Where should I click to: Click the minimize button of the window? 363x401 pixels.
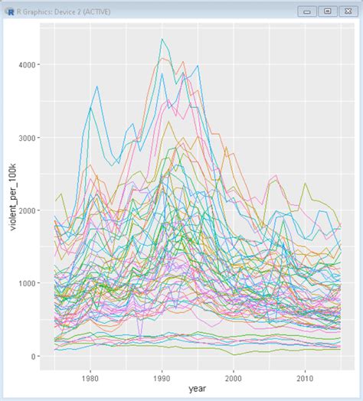coord(309,11)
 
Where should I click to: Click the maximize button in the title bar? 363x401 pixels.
coord(328,11)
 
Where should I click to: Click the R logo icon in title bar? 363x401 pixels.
coord(8,11)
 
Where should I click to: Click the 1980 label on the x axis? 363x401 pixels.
coord(90,377)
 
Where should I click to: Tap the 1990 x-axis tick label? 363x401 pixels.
coord(162,377)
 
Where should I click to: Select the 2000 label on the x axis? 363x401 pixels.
coord(234,377)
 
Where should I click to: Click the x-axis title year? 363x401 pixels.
coord(198,390)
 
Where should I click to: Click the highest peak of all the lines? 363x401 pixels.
coord(162,39)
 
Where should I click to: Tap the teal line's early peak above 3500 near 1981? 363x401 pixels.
coord(97,86)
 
